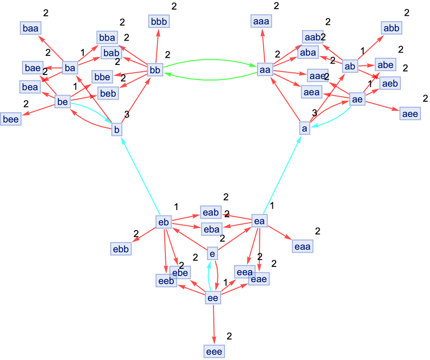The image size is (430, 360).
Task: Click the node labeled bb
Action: pos(154,71)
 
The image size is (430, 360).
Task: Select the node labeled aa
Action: pos(264,70)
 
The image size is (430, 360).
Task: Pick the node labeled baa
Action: pos(30,28)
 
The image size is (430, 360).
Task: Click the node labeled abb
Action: pos(391,28)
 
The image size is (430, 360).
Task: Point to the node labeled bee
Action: pos(11,119)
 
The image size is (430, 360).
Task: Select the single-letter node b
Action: pos(117,129)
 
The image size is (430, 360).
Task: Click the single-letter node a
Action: pos(304,128)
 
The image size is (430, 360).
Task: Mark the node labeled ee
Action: pos(213,298)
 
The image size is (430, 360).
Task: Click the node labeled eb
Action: pos(163,222)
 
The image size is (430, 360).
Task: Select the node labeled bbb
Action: pos(159,21)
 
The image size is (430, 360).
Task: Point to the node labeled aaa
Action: pos(261,21)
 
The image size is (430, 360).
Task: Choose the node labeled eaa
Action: pos(302,247)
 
